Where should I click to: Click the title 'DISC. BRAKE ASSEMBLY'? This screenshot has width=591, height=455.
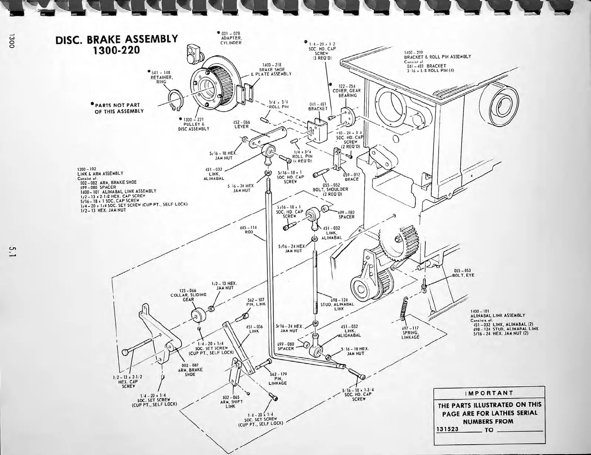tap(116, 39)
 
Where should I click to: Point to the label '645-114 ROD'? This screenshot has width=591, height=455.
tap(249, 229)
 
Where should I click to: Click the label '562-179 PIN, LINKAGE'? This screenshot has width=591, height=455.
tap(278, 378)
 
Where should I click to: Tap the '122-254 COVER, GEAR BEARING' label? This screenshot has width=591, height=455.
tap(346, 90)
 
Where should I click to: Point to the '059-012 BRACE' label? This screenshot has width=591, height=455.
tap(351, 177)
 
